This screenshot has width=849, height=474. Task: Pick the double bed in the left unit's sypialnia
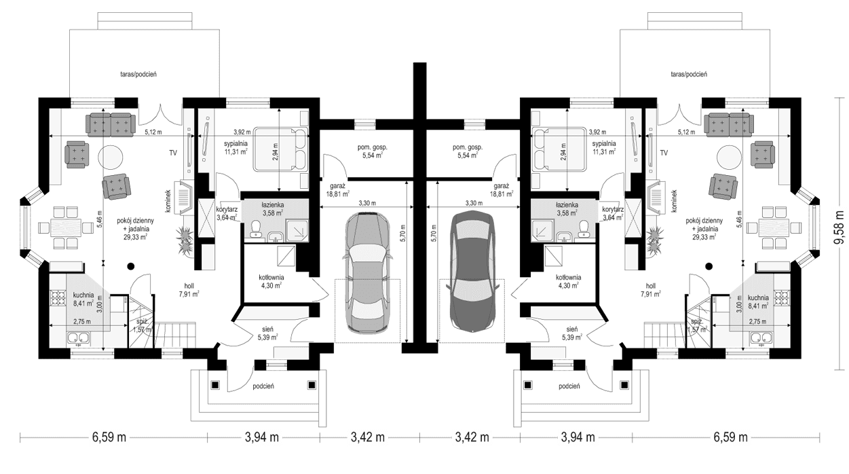point(280,149)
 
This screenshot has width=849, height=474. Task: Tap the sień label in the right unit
point(571,332)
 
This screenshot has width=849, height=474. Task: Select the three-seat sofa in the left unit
point(111,124)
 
